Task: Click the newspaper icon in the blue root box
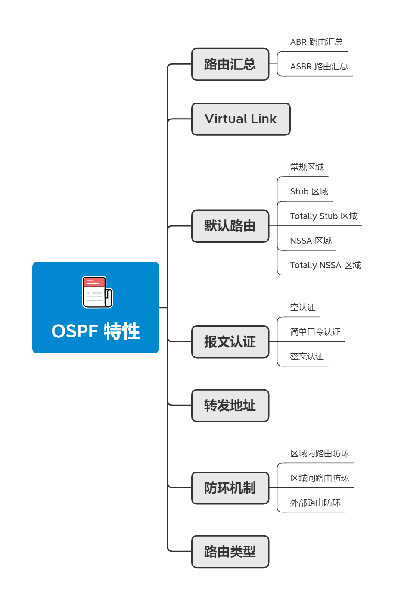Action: click(97, 292)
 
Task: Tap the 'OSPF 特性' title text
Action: click(96, 331)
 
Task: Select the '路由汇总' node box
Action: click(230, 64)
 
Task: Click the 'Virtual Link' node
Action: click(240, 119)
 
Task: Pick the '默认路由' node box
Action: click(230, 226)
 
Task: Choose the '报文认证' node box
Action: click(230, 342)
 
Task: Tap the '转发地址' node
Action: click(230, 406)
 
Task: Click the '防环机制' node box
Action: click(230, 488)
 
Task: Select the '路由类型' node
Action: click(230, 552)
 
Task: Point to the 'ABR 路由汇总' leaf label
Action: click(316, 42)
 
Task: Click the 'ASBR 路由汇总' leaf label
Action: click(319, 66)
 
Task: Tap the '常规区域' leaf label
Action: click(307, 167)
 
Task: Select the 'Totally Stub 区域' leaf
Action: click(323, 216)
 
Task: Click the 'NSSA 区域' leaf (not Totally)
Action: click(311, 241)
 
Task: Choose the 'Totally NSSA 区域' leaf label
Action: click(325, 265)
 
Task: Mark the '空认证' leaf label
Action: click(302, 307)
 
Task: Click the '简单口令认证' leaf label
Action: click(315, 332)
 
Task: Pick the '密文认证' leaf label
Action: click(307, 356)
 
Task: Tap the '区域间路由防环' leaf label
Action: click(319, 478)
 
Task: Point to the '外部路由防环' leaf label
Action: click(315, 503)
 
